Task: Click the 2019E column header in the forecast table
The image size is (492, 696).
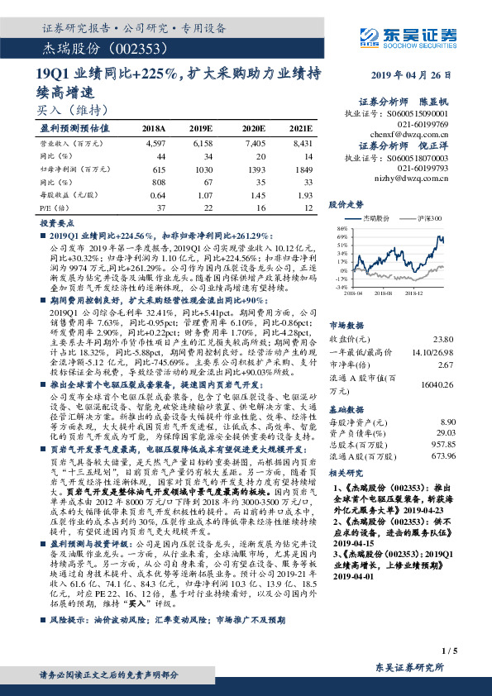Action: coord(201,130)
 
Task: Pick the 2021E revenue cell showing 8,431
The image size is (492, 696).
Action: coord(301,143)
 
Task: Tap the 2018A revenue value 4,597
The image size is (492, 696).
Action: coord(155,143)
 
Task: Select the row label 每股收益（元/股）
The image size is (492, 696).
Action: coord(66,193)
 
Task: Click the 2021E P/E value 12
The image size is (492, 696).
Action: coord(307,205)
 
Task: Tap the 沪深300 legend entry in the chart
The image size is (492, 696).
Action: coord(430,218)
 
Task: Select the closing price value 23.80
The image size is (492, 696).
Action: coord(444,338)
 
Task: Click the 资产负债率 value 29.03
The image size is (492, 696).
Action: coord(445,433)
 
